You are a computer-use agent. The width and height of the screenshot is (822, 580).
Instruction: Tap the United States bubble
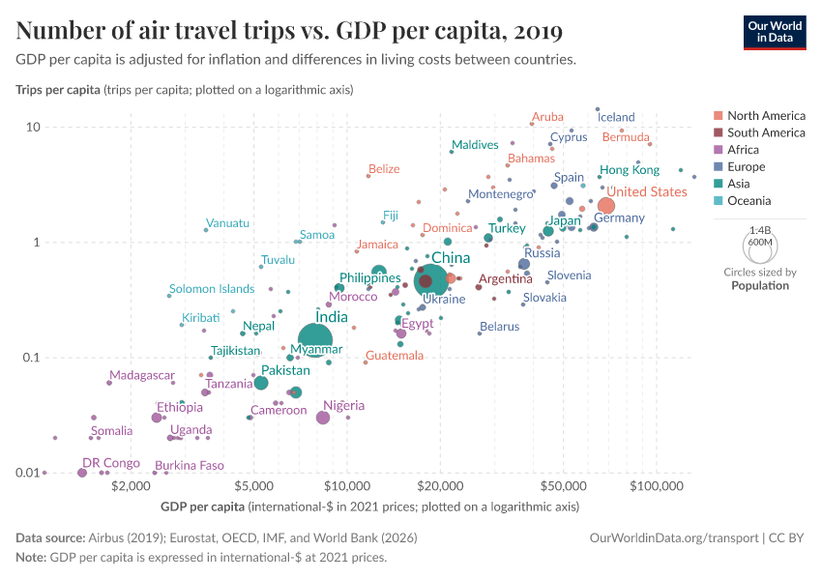(606, 205)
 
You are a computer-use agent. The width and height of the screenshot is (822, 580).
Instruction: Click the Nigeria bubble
(323, 418)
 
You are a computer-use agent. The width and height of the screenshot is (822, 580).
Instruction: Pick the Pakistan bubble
(261, 383)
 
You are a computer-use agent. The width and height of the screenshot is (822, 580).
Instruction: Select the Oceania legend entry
(749, 201)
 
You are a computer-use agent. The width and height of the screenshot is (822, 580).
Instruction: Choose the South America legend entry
(765, 132)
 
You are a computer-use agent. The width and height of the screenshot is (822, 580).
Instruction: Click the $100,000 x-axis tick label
(657, 485)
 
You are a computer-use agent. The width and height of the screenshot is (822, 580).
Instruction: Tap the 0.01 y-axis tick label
(24, 473)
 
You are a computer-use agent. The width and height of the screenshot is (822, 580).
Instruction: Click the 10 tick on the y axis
(32, 128)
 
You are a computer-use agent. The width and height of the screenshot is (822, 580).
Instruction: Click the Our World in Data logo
(775, 32)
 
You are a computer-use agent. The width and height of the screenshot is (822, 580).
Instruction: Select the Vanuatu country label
(228, 223)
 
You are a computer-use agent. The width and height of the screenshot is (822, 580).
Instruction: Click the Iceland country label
(617, 117)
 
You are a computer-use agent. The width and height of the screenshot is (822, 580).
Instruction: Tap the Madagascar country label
(142, 375)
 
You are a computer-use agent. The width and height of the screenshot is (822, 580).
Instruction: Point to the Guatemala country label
(395, 356)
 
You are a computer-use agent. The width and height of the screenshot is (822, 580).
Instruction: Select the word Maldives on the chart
(476, 145)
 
